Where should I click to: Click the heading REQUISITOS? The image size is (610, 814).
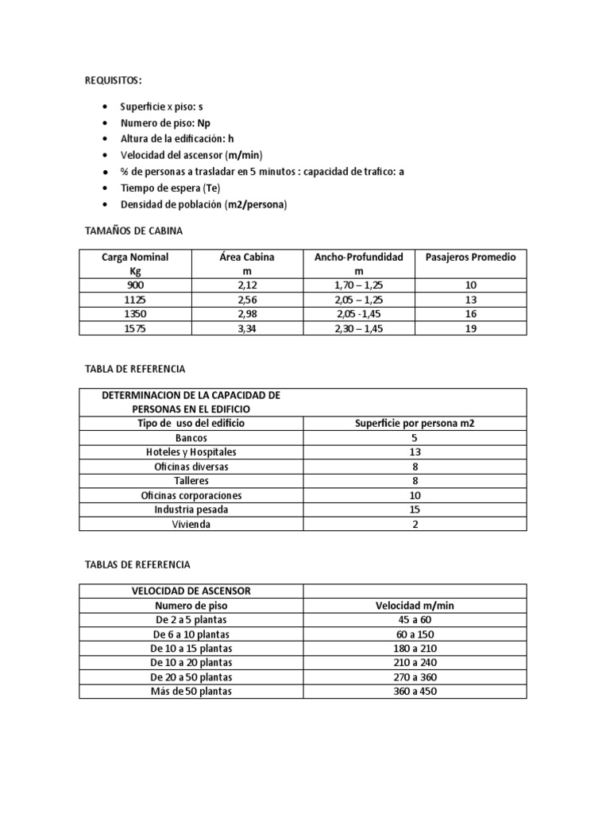coord(114,80)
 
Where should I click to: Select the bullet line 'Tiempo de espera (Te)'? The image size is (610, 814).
coord(170,188)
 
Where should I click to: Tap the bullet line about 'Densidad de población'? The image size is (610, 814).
coord(203,204)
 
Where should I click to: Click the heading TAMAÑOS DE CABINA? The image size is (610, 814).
coord(133,231)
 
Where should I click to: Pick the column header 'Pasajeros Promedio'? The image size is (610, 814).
coord(471,257)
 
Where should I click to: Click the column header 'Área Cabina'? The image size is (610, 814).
coord(246,257)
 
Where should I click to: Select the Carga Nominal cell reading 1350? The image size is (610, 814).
coord(135,314)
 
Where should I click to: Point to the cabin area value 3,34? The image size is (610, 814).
coord(246,328)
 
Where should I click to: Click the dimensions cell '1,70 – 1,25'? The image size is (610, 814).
coord(359,285)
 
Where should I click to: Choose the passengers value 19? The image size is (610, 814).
coord(471,328)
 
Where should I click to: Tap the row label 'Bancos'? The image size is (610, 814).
coord(191,438)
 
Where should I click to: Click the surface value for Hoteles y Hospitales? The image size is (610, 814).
coord(415,452)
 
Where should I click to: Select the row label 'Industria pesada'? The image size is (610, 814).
coord(191,510)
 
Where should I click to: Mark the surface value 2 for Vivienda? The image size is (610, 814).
coord(415,525)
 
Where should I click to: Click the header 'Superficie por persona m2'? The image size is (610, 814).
coord(415,424)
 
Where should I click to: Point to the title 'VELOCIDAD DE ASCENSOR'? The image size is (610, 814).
coord(191,591)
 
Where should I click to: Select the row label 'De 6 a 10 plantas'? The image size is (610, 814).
coord(191,634)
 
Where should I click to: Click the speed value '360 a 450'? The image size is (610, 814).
coord(415,692)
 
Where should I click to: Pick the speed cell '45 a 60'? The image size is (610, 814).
coord(415,620)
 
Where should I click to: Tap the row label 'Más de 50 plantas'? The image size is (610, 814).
coord(191,692)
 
